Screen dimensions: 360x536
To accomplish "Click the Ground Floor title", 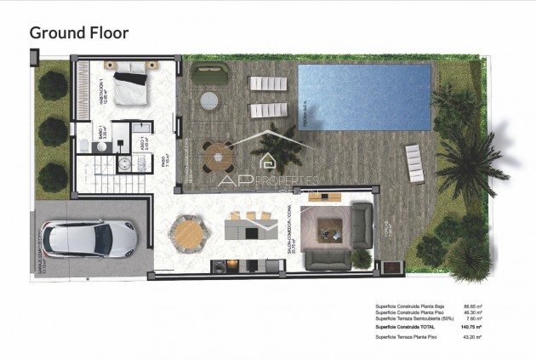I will pos(79,33).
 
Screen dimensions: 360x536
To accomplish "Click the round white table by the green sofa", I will pos(208,100).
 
